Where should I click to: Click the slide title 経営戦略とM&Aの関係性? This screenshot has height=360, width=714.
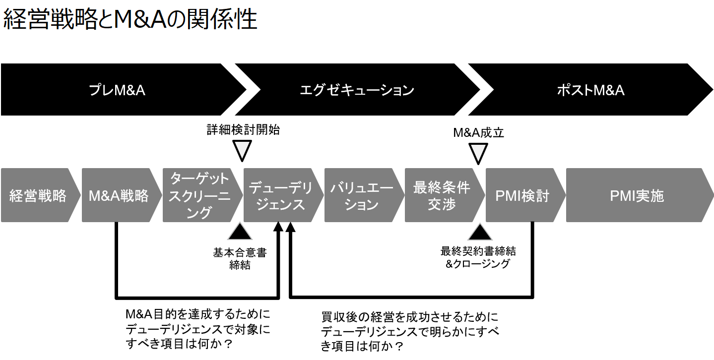pyautogui.click(x=130, y=20)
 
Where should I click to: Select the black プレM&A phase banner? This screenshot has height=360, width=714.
pyautogui.click(x=117, y=90)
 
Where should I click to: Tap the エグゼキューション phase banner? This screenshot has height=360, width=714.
pyautogui.click(x=357, y=90)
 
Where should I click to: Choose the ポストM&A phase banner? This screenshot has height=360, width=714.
pyautogui.click(x=590, y=90)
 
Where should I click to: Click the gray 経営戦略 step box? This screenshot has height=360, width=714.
pyautogui.click(x=38, y=195)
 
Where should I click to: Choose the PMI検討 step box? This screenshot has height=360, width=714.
pyautogui.click(x=522, y=195)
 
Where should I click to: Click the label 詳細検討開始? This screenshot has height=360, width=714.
pyautogui.click(x=243, y=130)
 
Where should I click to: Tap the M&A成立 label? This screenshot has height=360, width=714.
pyautogui.click(x=479, y=132)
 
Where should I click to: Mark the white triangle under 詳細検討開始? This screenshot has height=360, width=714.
pyautogui.click(x=243, y=151)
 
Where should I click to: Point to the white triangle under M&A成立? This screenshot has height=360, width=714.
pyautogui.click(x=478, y=153)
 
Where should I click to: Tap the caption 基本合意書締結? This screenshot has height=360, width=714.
pyautogui.click(x=240, y=258)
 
